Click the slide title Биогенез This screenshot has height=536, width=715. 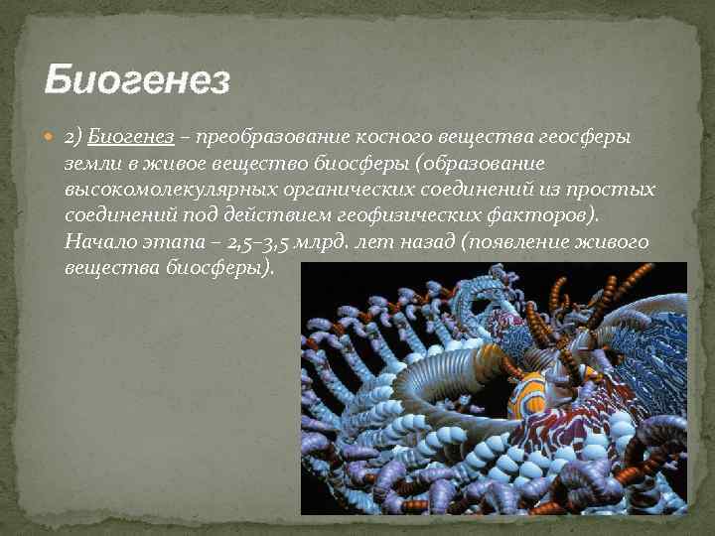pos(137,77)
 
